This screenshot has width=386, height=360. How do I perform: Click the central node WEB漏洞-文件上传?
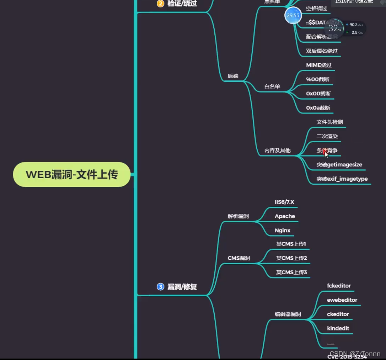72,174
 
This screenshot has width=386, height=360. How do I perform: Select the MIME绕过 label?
318,65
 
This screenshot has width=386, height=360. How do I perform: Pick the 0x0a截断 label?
318,108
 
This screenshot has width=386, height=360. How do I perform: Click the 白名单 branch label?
272,86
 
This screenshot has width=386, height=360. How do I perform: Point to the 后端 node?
233,76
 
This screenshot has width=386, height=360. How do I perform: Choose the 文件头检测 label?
329,122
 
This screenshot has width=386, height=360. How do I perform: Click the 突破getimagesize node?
339,165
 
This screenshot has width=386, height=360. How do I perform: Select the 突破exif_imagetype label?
342,179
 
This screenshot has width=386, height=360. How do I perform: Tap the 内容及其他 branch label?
277,150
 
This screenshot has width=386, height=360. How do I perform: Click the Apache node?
285,216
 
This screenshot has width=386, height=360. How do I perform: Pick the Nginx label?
283,231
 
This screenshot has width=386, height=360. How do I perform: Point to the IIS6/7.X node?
284,202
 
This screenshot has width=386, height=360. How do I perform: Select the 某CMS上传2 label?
291,258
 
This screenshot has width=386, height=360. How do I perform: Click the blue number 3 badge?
160,287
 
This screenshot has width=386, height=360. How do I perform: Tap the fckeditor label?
339,286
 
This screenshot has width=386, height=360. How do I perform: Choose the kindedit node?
338,328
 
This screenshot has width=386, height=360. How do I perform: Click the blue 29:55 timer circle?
293,16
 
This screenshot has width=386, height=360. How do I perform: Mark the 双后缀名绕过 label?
322,51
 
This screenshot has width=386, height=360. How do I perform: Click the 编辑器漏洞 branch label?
288,314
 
